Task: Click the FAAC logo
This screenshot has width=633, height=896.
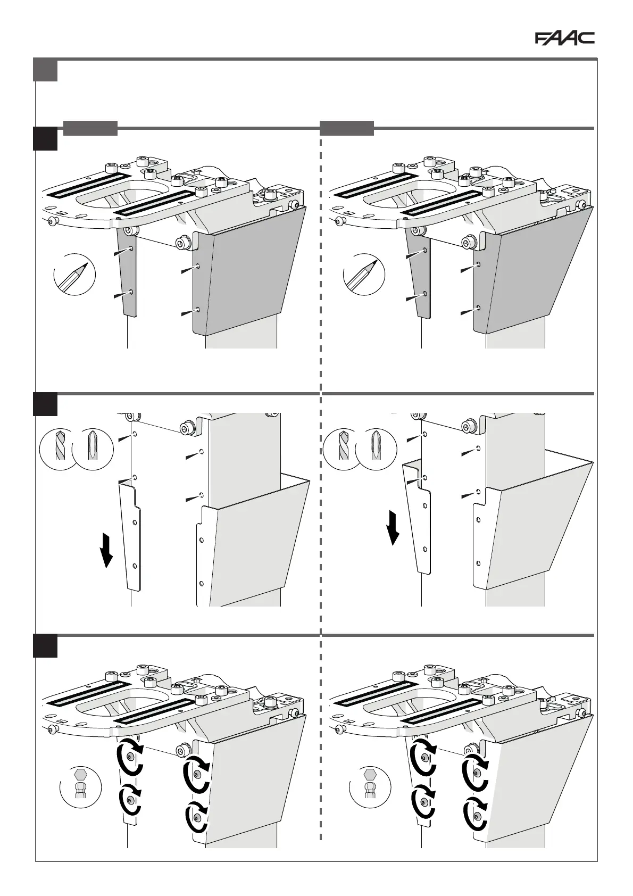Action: [564, 38]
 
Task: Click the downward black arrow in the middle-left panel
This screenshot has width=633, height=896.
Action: [107, 551]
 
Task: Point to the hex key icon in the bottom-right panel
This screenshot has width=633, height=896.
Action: [370, 786]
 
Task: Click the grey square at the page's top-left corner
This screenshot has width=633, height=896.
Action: [45, 70]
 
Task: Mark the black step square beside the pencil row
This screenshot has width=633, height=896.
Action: [45, 138]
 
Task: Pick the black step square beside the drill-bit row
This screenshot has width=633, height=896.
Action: [45, 404]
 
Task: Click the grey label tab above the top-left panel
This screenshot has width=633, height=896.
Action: [90, 128]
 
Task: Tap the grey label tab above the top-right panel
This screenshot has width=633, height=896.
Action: [347, 128]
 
